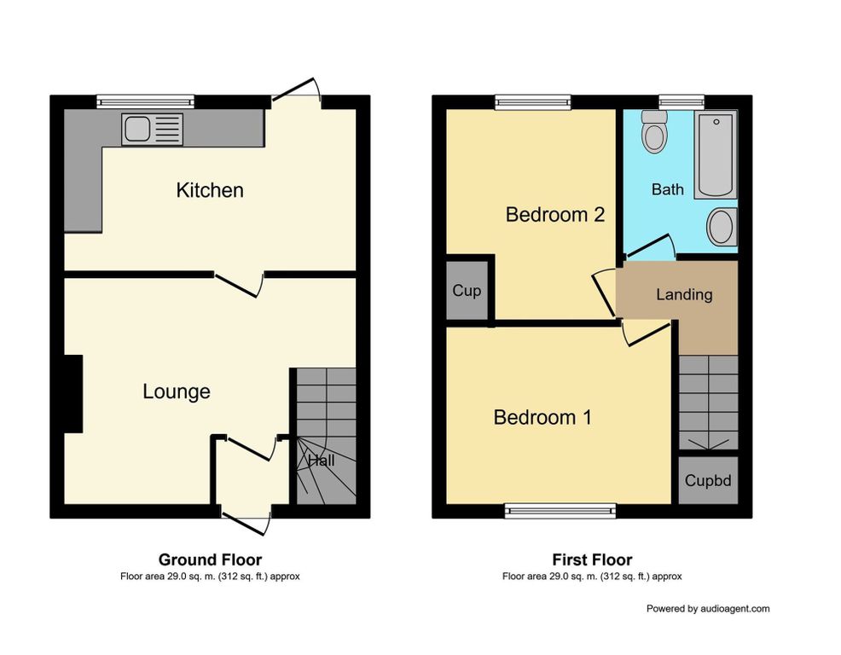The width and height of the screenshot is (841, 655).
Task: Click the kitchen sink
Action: pos(153,130)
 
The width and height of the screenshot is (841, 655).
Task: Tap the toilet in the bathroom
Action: pos(654,131)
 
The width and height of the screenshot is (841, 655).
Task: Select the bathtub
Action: pos(716,154)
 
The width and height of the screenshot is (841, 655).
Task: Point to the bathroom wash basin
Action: pos(722,226)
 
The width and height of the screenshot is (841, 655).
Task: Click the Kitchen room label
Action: pos(210,190)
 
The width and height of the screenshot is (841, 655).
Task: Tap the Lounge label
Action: pos(177,391)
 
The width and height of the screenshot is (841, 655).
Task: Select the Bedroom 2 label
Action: pos(555,215)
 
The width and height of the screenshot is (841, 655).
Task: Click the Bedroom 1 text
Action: pos(542,417)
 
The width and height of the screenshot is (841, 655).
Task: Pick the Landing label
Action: pos(684,294)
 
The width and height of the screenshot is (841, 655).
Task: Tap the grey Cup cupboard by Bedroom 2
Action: pos(467,290)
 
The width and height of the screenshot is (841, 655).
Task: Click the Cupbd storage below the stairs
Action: pos(708,480)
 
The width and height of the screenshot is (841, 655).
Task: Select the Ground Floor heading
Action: pos(210,560)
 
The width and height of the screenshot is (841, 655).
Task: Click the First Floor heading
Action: pos(592,560)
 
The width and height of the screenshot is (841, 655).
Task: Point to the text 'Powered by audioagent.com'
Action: pos(708,609)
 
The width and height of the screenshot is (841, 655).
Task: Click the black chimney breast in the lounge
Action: pos(73,394)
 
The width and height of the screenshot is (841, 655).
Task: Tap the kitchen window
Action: pos(145,102)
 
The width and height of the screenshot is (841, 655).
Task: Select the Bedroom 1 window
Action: pos(560,511)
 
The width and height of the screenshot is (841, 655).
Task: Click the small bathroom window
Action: pos(681,102)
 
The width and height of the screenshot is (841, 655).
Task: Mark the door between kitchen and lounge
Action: pos(239,284)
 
